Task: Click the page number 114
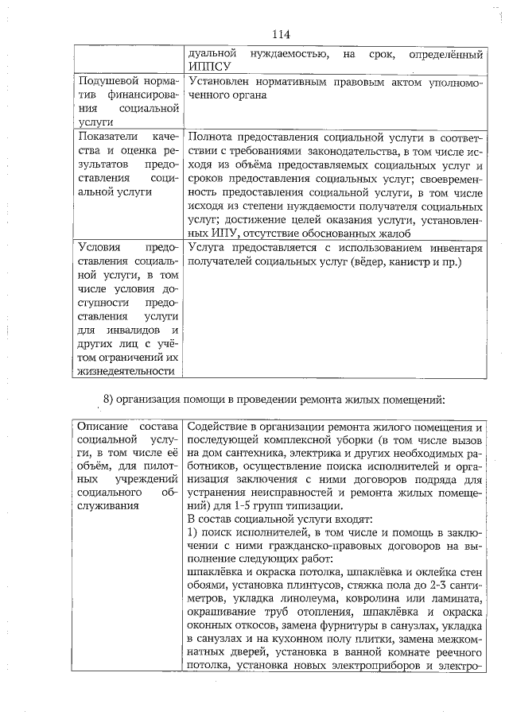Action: (280, 34)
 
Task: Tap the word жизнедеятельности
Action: (125, 370)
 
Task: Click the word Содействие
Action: (220, 427)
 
